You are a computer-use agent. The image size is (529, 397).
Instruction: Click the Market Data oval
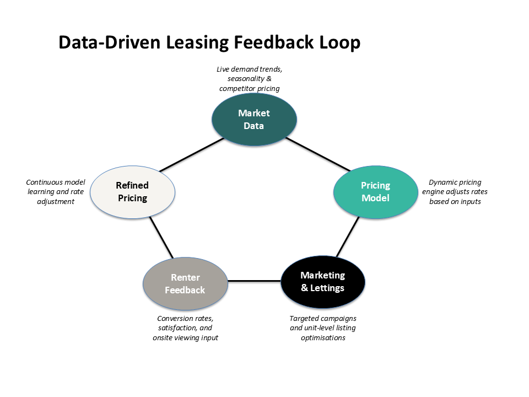(x=254, y=120)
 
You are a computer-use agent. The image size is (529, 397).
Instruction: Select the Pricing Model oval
(x=375, y=192)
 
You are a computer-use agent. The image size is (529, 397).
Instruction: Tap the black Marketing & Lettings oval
(x=323, y=282)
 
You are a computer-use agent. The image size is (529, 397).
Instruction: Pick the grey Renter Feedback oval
(x=185, y=283)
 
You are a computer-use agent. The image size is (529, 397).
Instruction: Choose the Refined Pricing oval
(x=133, y=192)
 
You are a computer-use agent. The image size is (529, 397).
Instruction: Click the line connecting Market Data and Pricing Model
(x=318, y=154)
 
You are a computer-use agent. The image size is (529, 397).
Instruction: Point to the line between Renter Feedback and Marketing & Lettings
(x=255, y=281)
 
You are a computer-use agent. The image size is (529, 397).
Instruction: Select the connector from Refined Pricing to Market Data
(x=192, y=154)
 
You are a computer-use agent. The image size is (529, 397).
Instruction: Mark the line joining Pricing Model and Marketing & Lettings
(x=348, y=237)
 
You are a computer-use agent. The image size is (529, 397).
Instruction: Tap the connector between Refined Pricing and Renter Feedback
(x=161, y=238)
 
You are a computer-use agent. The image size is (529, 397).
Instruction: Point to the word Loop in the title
(x=340, y=43)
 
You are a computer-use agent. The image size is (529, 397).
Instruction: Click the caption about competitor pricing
(x=249, y=79)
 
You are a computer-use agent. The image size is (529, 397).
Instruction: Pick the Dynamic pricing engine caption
(x=455, y=192)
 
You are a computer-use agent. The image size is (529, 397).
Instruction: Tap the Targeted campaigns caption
(x=323, y=328)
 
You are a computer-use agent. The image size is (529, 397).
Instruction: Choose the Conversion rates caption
(x=185, y=328)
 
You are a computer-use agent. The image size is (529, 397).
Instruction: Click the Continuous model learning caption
(x=56, y=192)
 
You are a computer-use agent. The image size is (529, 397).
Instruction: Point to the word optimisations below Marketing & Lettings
(x=323, y=337)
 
